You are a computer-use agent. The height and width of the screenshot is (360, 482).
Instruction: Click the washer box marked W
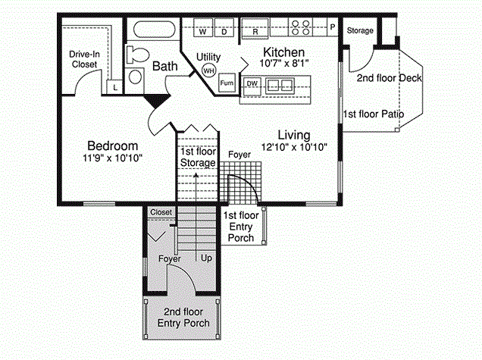click(x=203, y=28)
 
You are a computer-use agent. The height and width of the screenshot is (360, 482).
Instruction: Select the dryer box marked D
click(x=224, y=28)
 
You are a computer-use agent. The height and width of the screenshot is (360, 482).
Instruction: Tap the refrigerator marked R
click(x=255, y=28)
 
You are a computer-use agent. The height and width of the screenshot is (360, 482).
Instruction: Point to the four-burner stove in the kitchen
click(x=300, y=27)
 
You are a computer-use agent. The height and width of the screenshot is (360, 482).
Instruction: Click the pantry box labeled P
click(x=332, y=27)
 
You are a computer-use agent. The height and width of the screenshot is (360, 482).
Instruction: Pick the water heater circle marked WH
click(x=208, y=71)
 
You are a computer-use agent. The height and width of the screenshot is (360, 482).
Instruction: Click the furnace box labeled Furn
click(x=227, y=83)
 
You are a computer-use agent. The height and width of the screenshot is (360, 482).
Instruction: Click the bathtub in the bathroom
click(x=155, y=30)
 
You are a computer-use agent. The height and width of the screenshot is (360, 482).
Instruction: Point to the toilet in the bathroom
click(x=137, y=55)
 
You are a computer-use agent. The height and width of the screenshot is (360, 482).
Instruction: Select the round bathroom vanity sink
click(x=135, y=77)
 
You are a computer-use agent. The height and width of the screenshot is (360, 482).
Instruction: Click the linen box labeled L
click(x=114, y=87)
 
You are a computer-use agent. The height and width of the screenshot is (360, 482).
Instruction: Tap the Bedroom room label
click(x=112, y=146)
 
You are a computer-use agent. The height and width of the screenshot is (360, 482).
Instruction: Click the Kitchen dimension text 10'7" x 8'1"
click(x=283, y=64)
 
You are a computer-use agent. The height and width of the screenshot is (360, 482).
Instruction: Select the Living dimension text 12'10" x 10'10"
click(x=294, y=147)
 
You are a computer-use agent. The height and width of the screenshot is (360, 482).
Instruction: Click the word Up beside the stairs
click(x=206, y=258)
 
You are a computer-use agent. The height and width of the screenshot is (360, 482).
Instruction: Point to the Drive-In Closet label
click(x=84, y=59)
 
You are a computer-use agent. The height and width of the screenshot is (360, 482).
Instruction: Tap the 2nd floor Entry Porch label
click(x=183, y=318)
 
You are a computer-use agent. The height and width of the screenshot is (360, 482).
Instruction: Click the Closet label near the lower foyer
click(x=161, y=212)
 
